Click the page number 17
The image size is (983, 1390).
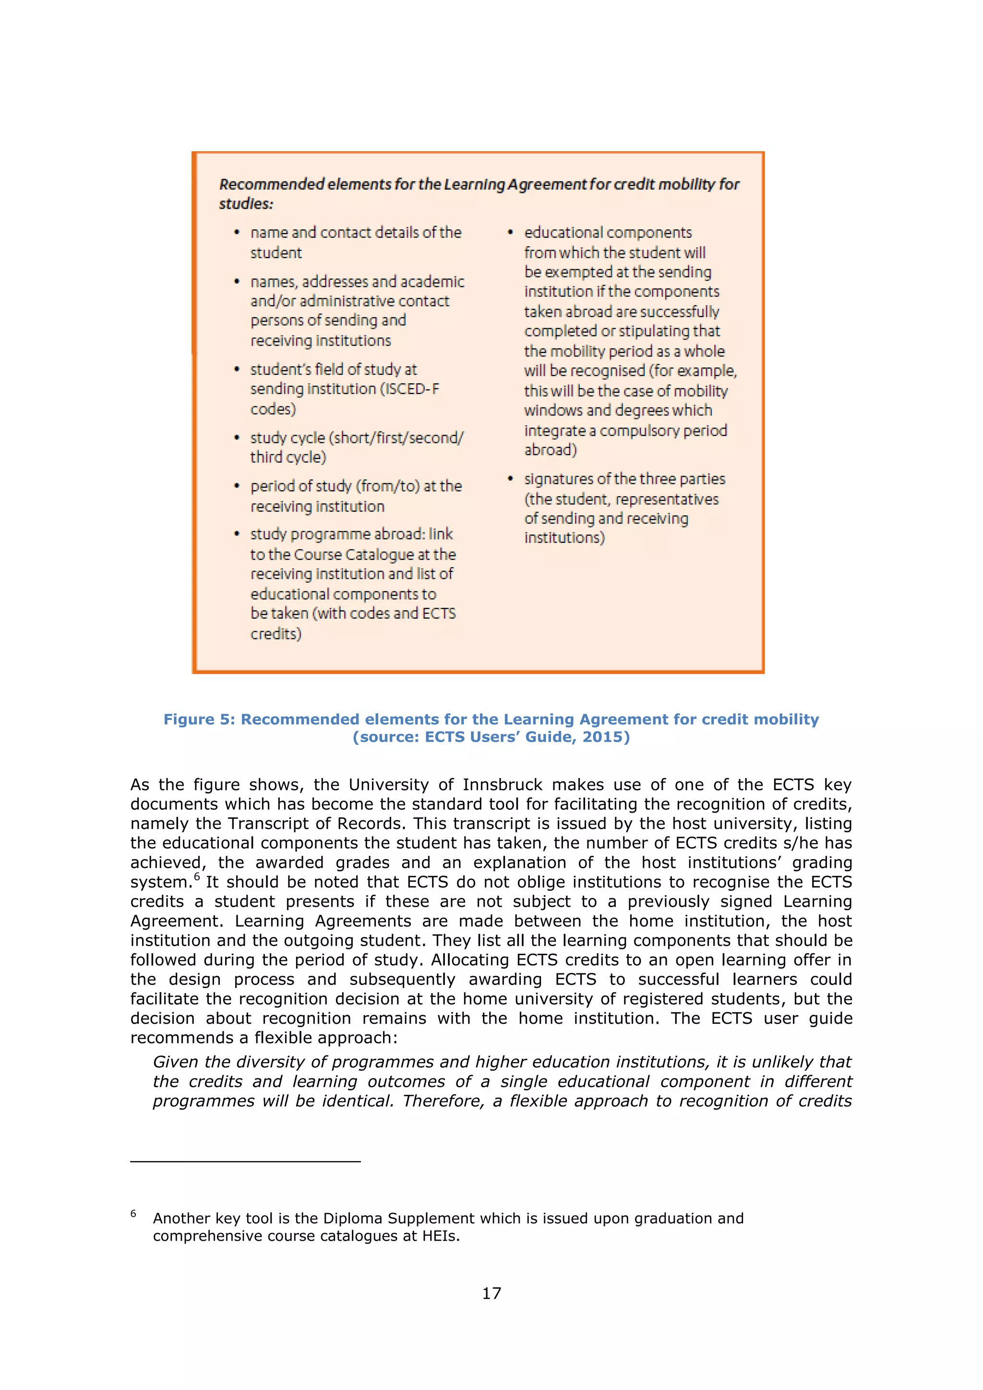[x=491, y=1294]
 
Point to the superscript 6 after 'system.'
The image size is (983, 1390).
[x=197, y=876]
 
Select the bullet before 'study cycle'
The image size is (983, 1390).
[x=237, y=438]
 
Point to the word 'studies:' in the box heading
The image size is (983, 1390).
[x=246, y=204]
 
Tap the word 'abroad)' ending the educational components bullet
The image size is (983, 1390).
[x=550, y=450]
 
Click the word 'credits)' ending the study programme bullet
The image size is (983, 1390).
[x=276, y=634]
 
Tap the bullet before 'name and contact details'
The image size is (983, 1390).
[x=237, y=232]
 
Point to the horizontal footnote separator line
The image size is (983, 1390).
[x=245, y=1161]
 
